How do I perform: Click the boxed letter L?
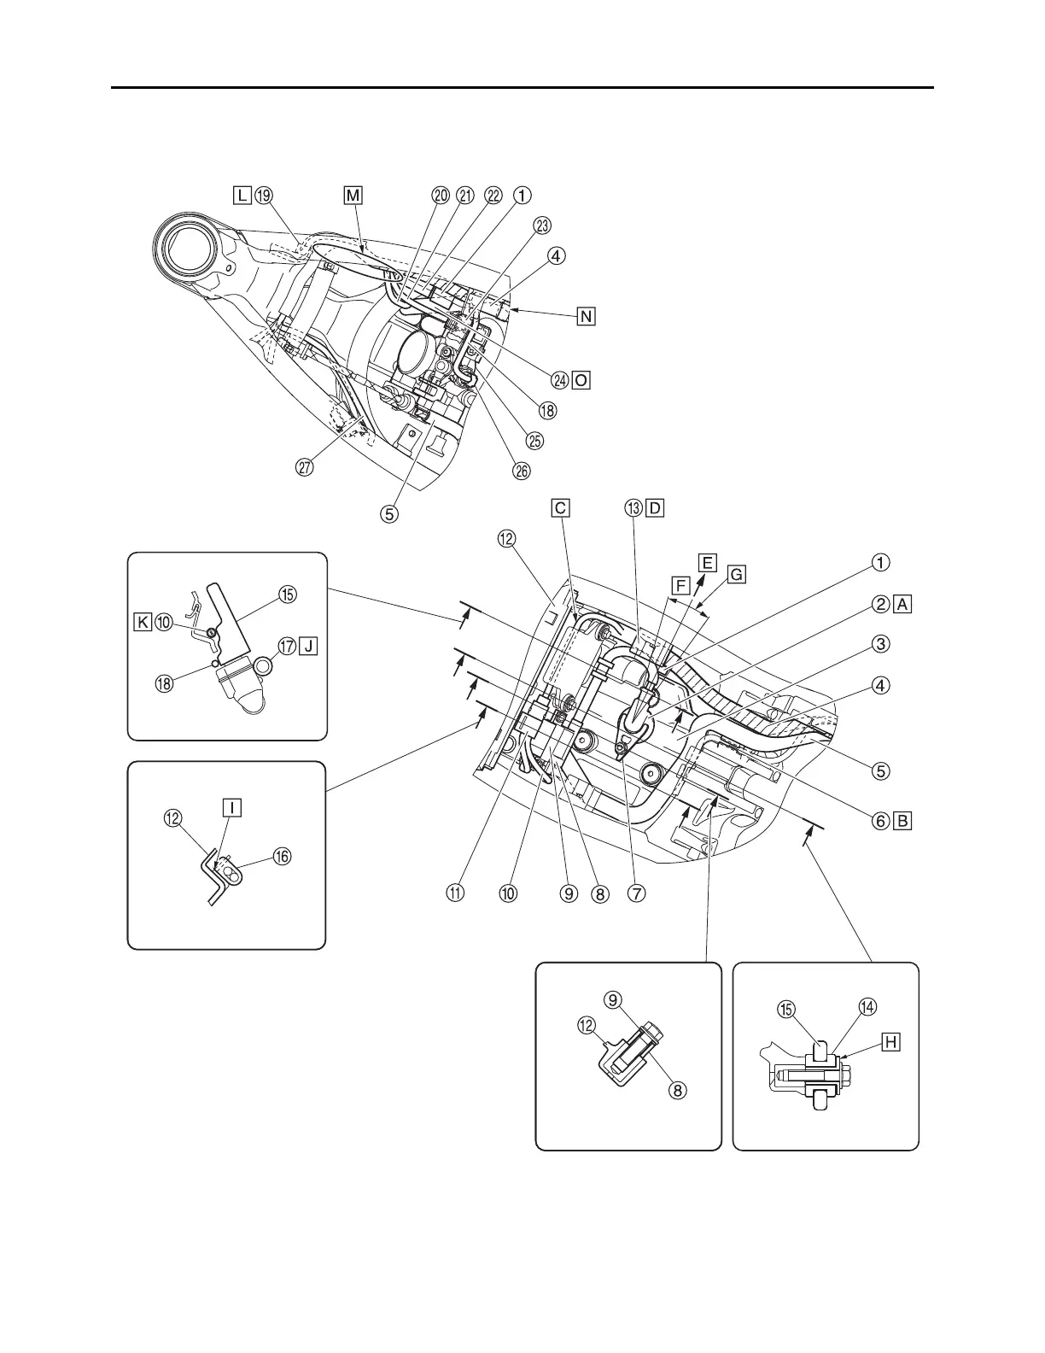[x=243, y=196]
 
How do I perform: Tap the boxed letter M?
[x=353, y=196]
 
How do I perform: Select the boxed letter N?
[x=586, y=316]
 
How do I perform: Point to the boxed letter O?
[x=581, y=380]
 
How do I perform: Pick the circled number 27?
[x=306, y=467]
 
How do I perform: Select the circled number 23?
[x=542, y=225]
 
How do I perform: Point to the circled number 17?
[x=288, y=646]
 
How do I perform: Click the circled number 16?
[x=281, y=856]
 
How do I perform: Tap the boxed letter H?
[x=890, y=1041]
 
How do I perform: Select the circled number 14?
[x=868, y=1008]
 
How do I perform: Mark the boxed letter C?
[x=560, y=508]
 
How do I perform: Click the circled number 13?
[x=633, y=508]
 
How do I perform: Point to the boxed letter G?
[x=737, y=575]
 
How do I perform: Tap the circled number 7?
[x=635, y=893]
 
